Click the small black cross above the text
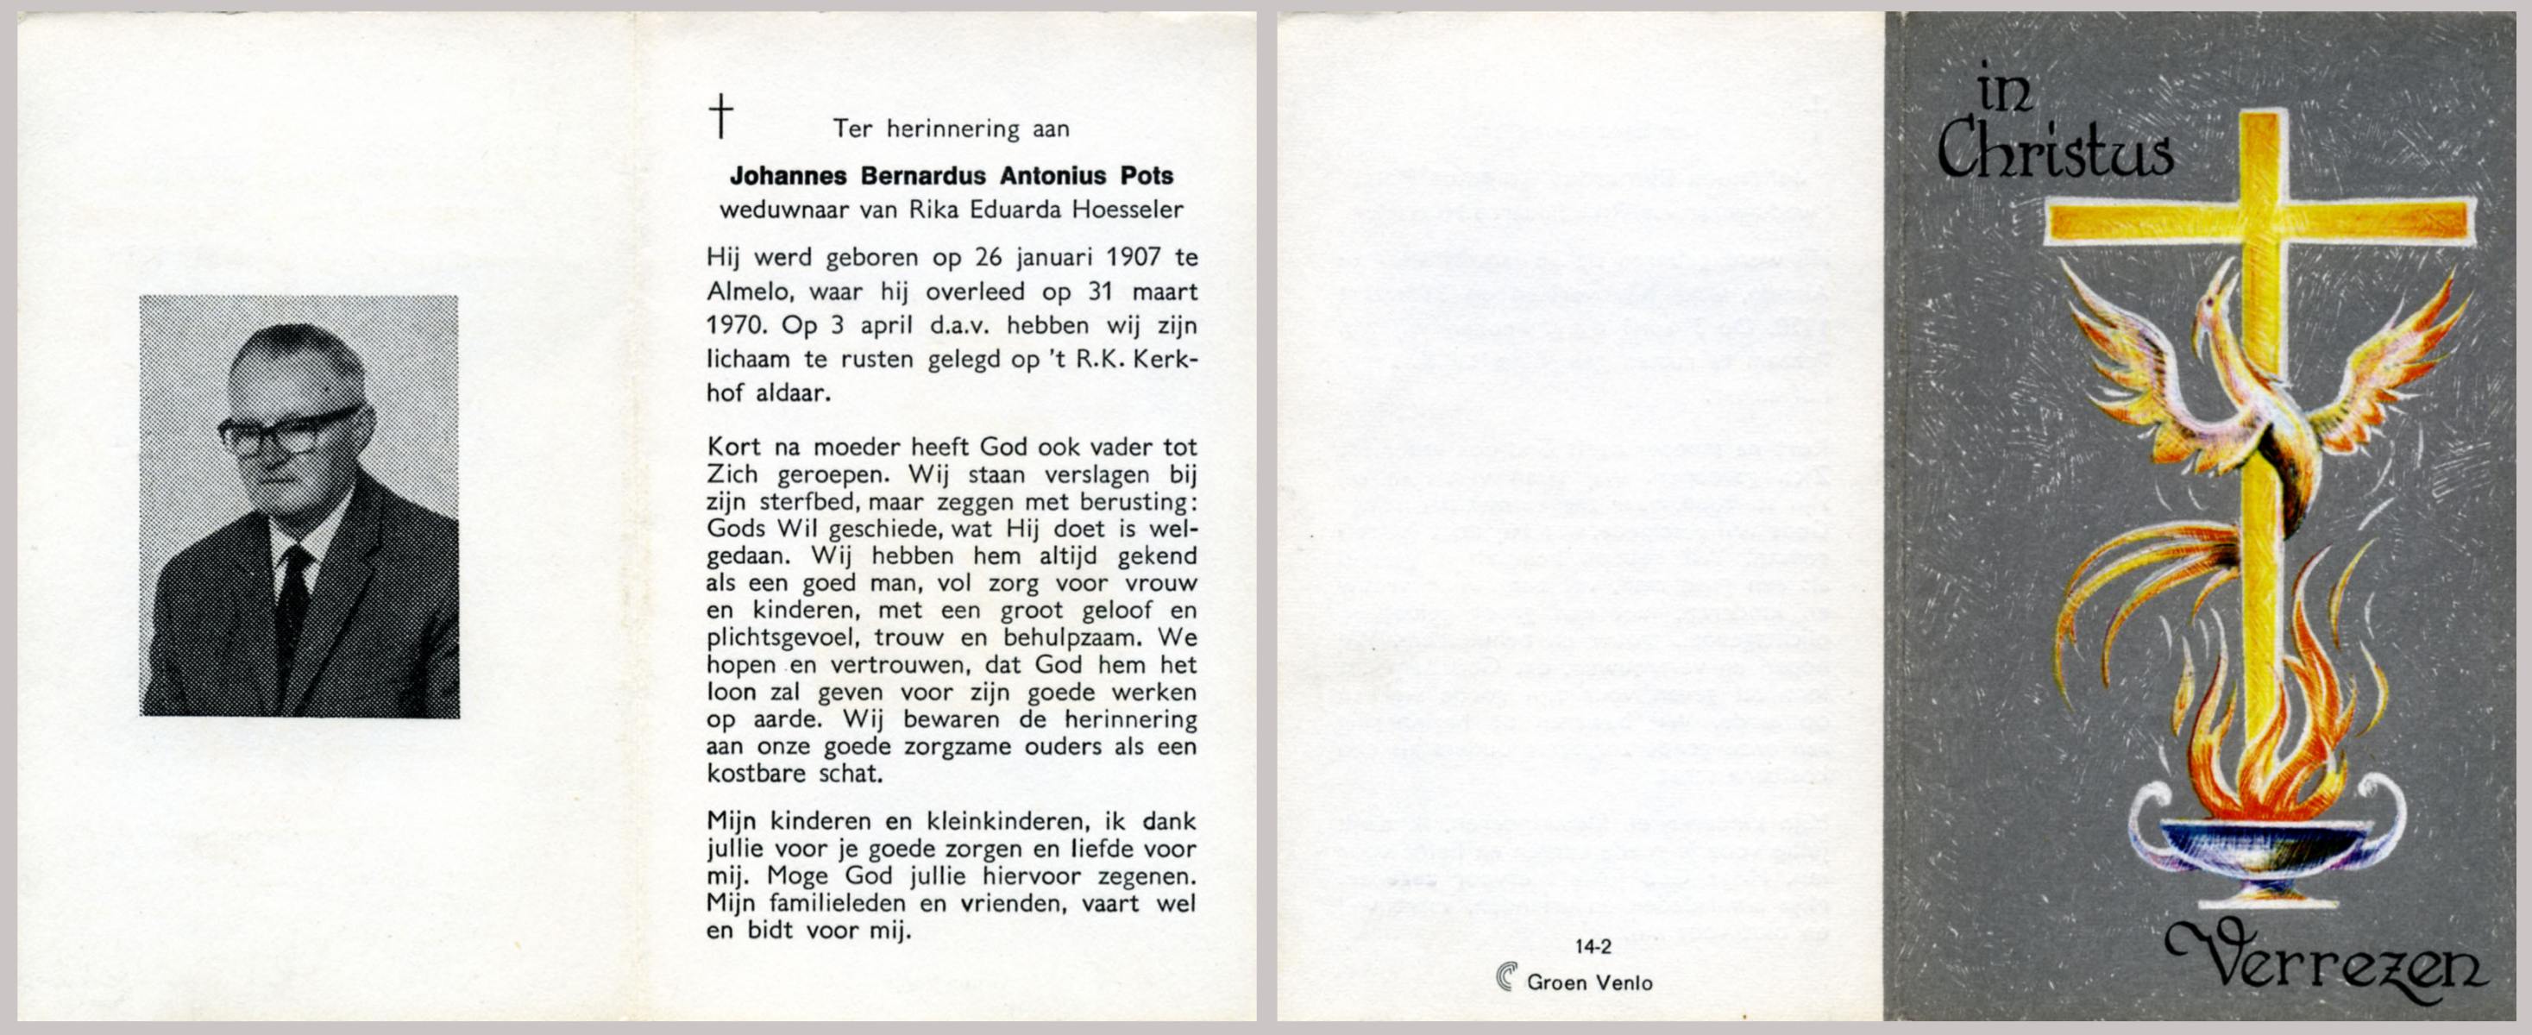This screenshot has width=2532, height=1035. (x=720, y=116)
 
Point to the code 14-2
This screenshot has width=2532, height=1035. (x=1593, y=948)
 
